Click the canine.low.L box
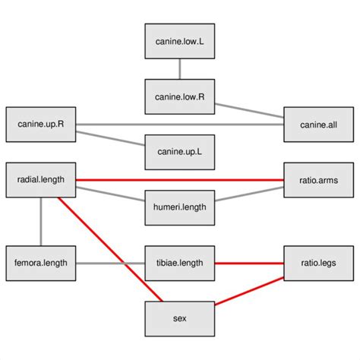tap(179, 42)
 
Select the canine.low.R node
tap(179, 96)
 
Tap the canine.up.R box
tap(40, 124)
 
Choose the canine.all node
tap(319, 124)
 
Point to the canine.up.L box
tap(179, 152)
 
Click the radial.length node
tap(40, 180)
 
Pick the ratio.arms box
tap(319, 180)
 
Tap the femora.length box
tap(40, 264)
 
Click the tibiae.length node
tap(179, 264)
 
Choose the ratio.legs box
tap(319, 264)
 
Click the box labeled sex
tap(179, 319)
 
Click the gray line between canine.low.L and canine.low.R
tap(179, 69)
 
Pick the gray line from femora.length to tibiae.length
tap(110, 264)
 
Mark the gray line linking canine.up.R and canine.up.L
tap(110, 137)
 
